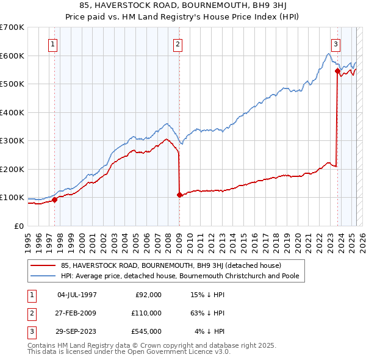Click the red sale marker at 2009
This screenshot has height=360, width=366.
coord(179,195)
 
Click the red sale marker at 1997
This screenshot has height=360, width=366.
coord(54,200)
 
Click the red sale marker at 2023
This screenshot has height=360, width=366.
coord(337,71)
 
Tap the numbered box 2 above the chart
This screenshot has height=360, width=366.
coord(177,44)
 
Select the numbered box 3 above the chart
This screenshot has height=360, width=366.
coord(335,44)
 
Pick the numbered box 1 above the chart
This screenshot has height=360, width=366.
coord(53,44)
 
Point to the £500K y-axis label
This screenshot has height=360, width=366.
coord(12,84)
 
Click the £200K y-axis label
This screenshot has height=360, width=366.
coord(12,169)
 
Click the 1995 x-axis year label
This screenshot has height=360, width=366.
coord(28,240)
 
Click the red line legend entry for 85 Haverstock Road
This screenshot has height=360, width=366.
coord(170,266)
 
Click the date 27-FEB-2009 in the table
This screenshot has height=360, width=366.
coord(76,313)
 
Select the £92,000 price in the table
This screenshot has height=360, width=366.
coord(148,295)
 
